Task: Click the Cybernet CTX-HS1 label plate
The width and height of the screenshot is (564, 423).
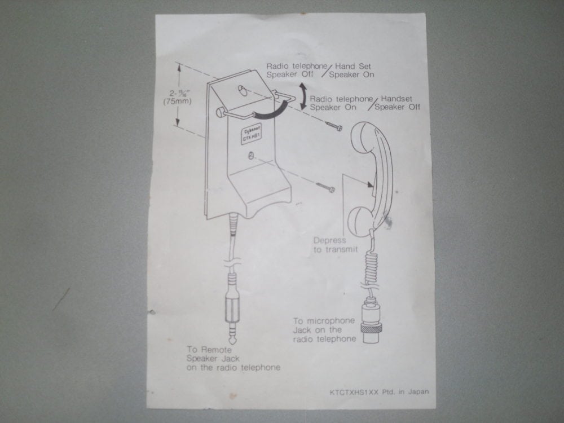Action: point(251,135)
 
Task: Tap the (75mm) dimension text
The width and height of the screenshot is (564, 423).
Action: point(177,102)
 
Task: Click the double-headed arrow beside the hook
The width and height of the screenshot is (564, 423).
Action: point(303,96)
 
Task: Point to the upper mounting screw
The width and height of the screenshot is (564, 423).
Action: point(334,126)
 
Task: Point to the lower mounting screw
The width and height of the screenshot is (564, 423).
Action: point(325,187)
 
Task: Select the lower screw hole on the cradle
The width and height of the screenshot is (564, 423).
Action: point(251,156)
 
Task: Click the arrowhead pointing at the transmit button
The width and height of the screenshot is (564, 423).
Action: point(370,185)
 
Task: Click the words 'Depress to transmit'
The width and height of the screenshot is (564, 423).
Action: point(336,245)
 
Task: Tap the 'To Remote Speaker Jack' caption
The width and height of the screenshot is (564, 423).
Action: point(233,359)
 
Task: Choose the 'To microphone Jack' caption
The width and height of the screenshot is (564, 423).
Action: point(324,330)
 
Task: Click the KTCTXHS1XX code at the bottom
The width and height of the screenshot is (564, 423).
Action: point(354,393)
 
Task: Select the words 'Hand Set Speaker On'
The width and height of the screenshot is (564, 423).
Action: point(351,70)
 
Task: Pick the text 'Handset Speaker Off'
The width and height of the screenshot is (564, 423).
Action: point(397,103)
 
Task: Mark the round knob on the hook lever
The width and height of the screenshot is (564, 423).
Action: point(220,113)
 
